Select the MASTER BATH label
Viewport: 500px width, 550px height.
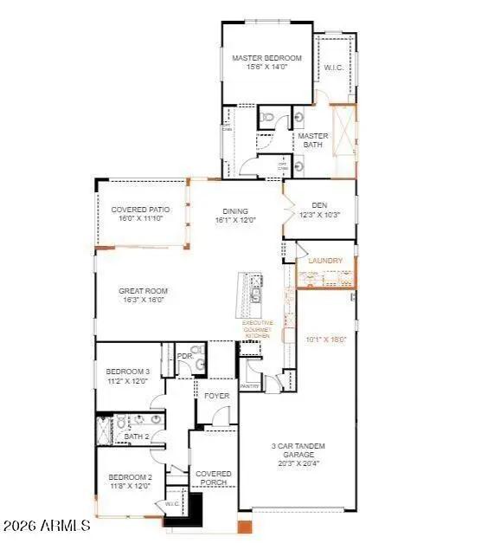click(312, 140)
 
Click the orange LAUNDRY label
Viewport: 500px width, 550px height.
click(325, 261)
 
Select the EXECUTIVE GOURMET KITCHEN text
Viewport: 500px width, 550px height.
click(257, 329)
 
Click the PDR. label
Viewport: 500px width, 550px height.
click(184, 356)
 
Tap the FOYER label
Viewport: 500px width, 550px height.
click(217, 396)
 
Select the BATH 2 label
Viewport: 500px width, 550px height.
click(137, 436)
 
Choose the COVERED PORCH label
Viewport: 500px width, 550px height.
click(213, 478)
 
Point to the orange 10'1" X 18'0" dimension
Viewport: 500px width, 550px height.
click(326, 340)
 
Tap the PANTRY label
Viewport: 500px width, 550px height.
click(250, 385)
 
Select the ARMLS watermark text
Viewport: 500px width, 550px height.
click(47, 525)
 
